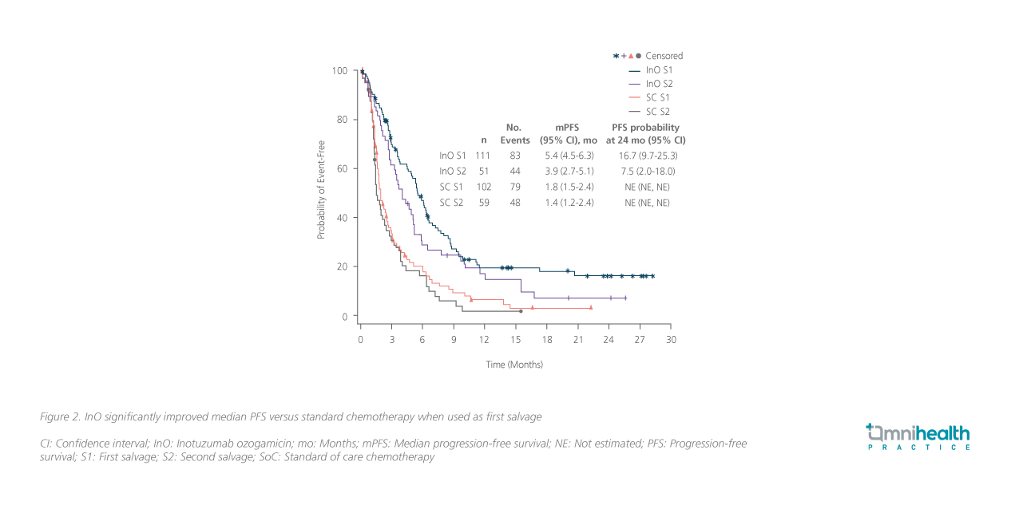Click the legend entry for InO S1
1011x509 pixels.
(x=659, y=70)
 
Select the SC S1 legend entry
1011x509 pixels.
(x=659, y=97)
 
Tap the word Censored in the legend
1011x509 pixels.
(x=664, y=56)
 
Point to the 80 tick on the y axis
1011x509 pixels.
(x=342, y=120)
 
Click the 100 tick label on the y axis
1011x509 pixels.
(x=339, y=71)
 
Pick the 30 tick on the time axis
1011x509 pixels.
(x=671, y=339)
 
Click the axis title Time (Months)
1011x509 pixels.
(x=515, y=365)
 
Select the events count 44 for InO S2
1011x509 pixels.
(x=515, y=172)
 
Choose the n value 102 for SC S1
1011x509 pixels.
(x=483, y=187)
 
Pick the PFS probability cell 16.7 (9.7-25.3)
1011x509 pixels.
(x=647, y=156)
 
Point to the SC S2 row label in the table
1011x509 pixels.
(x=452, y=203)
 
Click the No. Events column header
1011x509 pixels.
(x=515, y=133)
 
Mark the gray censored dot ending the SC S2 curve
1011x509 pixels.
(x=521, y=311)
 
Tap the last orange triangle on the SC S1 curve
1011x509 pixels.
(x=591, y=307)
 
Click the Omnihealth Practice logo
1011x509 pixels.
(x=918, y=437)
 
